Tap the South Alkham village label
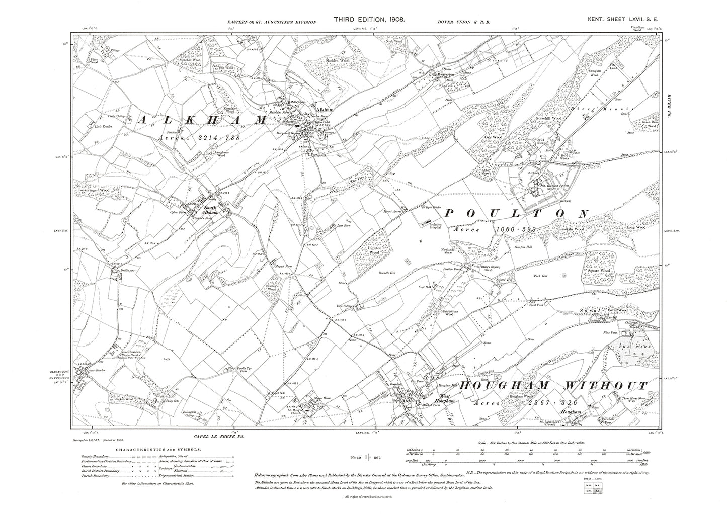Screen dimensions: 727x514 [x=209, y=210]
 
